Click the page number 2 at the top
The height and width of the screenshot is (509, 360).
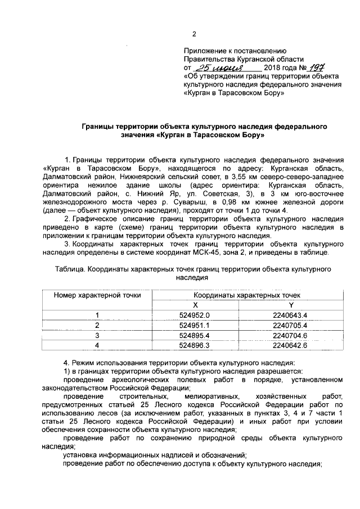pos(194,34)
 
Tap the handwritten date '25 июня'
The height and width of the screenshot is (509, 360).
pos(212,67)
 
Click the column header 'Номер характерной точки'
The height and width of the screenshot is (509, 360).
pos(97,295)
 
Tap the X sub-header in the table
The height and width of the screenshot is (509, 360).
pos(195,304)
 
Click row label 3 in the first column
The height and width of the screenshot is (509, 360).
pos(97,335)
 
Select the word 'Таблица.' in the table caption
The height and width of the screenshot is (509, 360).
pos(71,269)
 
